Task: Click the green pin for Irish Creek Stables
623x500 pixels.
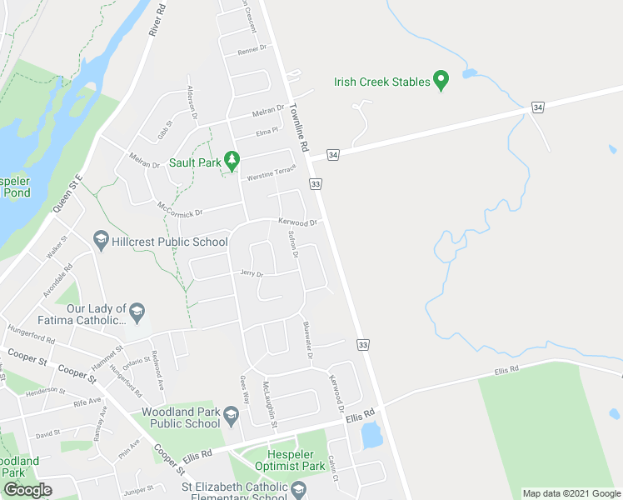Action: point(442,81)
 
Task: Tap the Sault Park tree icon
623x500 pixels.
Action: point(234,161)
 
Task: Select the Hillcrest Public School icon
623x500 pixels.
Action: point(101,241)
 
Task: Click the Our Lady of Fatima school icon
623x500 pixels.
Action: point(137,313)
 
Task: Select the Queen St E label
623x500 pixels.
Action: point(67,192)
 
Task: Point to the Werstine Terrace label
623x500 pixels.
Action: point(269,173)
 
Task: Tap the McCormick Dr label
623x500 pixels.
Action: point(179,207)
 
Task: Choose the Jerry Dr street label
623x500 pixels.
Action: point(251,273)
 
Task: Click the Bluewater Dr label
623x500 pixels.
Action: point(307,340)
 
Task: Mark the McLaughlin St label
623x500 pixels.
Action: point(270,405)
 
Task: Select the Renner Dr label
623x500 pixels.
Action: point(252,48)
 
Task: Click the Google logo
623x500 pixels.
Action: point(27,490)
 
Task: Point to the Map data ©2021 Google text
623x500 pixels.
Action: point(571,493)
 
